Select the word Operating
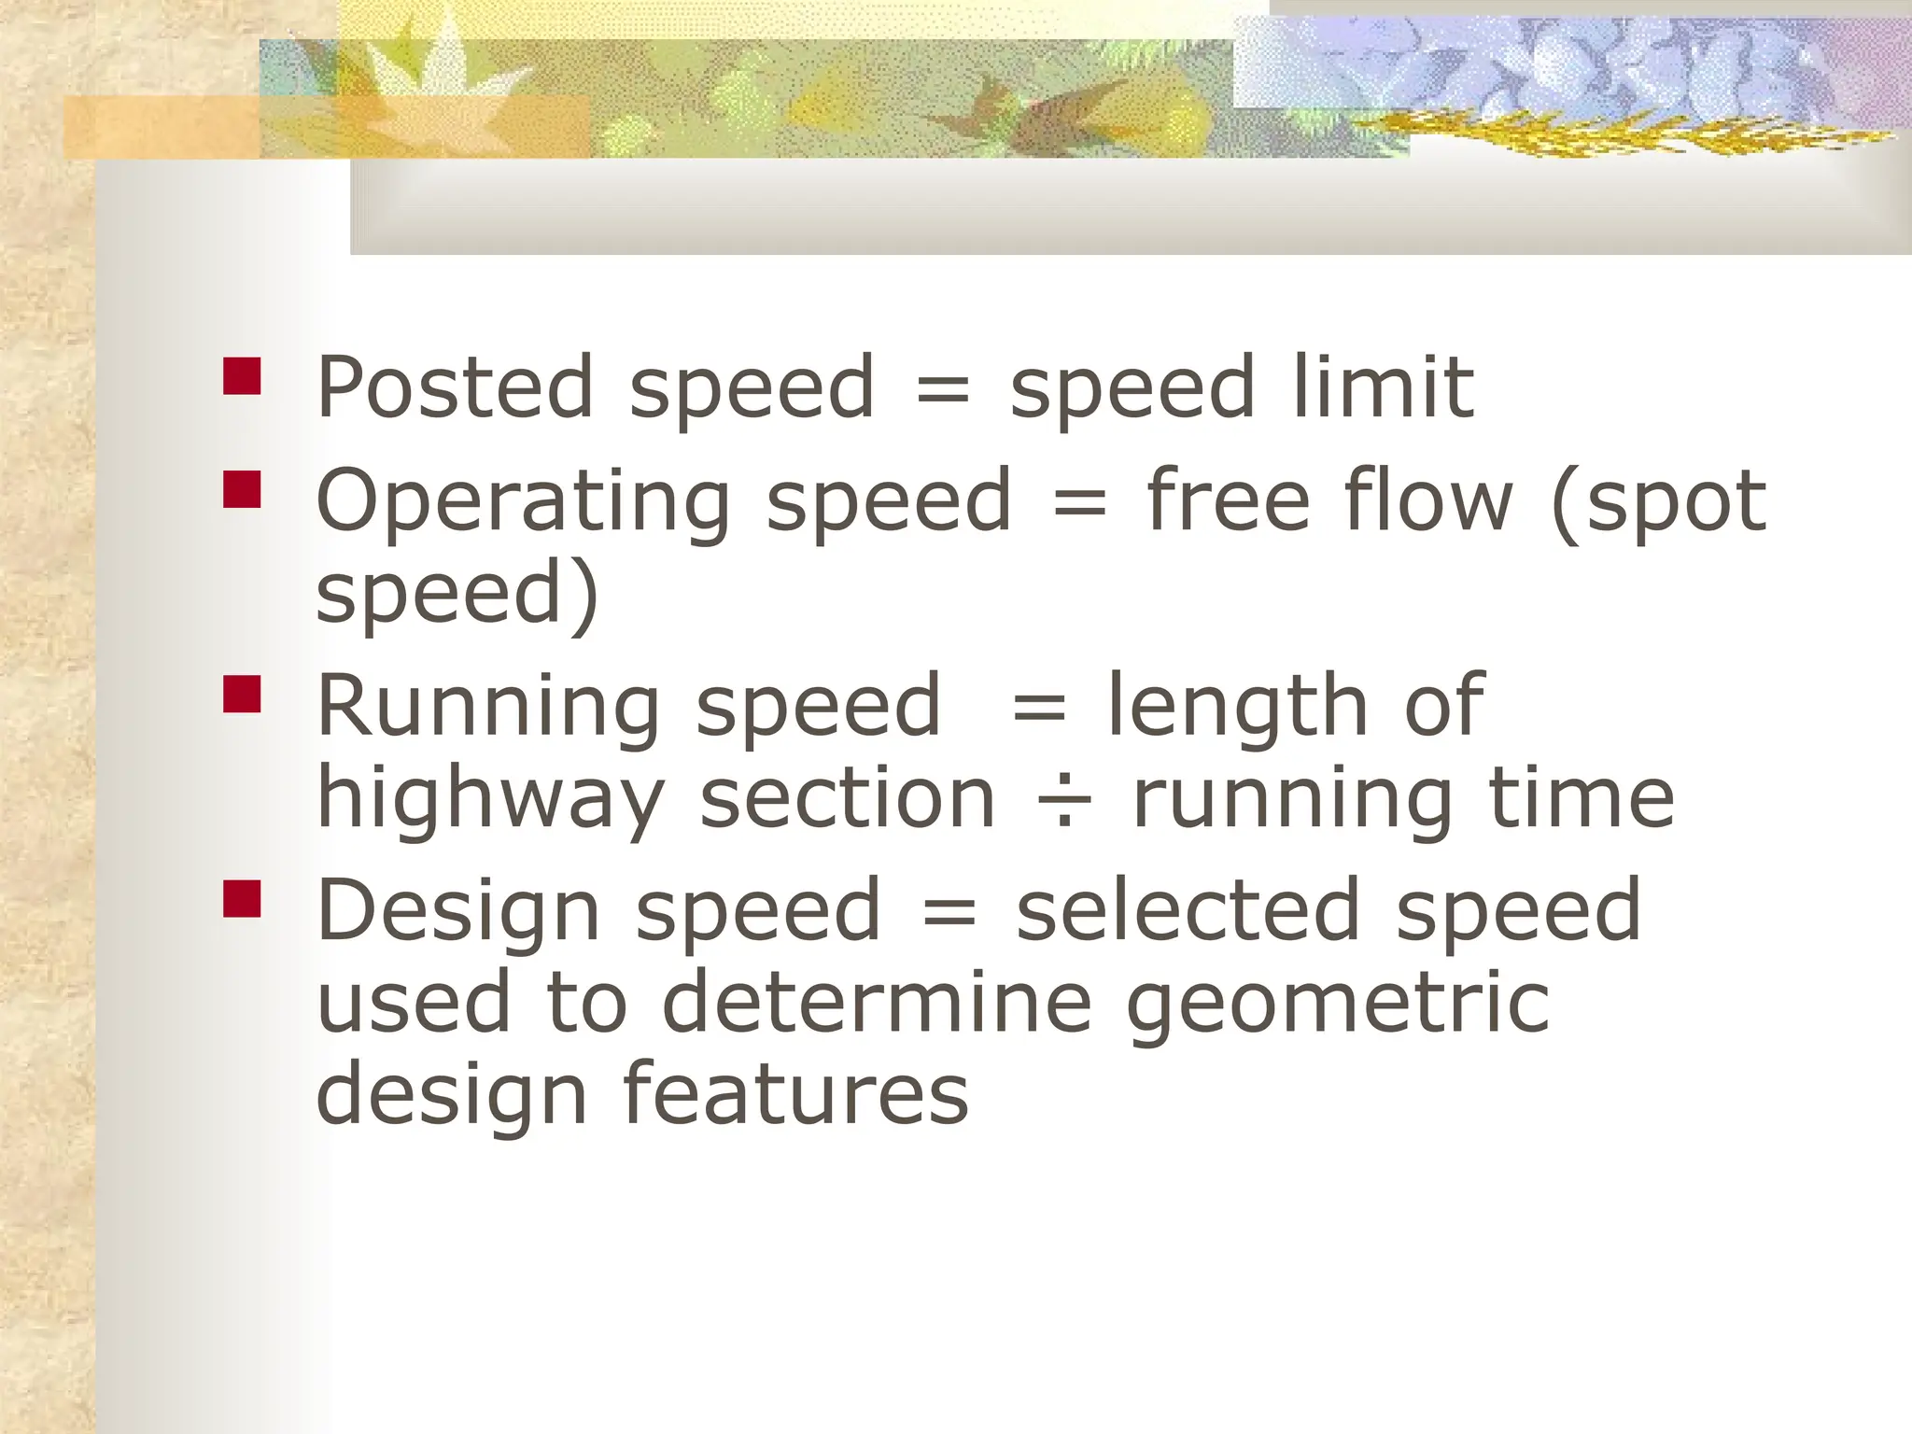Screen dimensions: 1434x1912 tap(523, 503)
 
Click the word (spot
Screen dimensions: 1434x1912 tap(1658, 503)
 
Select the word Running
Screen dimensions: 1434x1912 tap(487, 708)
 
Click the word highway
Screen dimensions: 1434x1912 tap(490, 800)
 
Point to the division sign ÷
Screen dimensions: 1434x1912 tap(1063, 800)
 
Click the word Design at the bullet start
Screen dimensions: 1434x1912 tap(457, 912)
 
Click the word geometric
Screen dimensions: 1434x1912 tap(1338, 1005)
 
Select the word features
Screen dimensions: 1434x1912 tap(794, 1093)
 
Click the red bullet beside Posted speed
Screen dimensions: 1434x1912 tap(242, 376)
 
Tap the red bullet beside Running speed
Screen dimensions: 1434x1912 tap(242, 694)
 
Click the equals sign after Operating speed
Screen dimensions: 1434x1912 tap(1079, 504)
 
